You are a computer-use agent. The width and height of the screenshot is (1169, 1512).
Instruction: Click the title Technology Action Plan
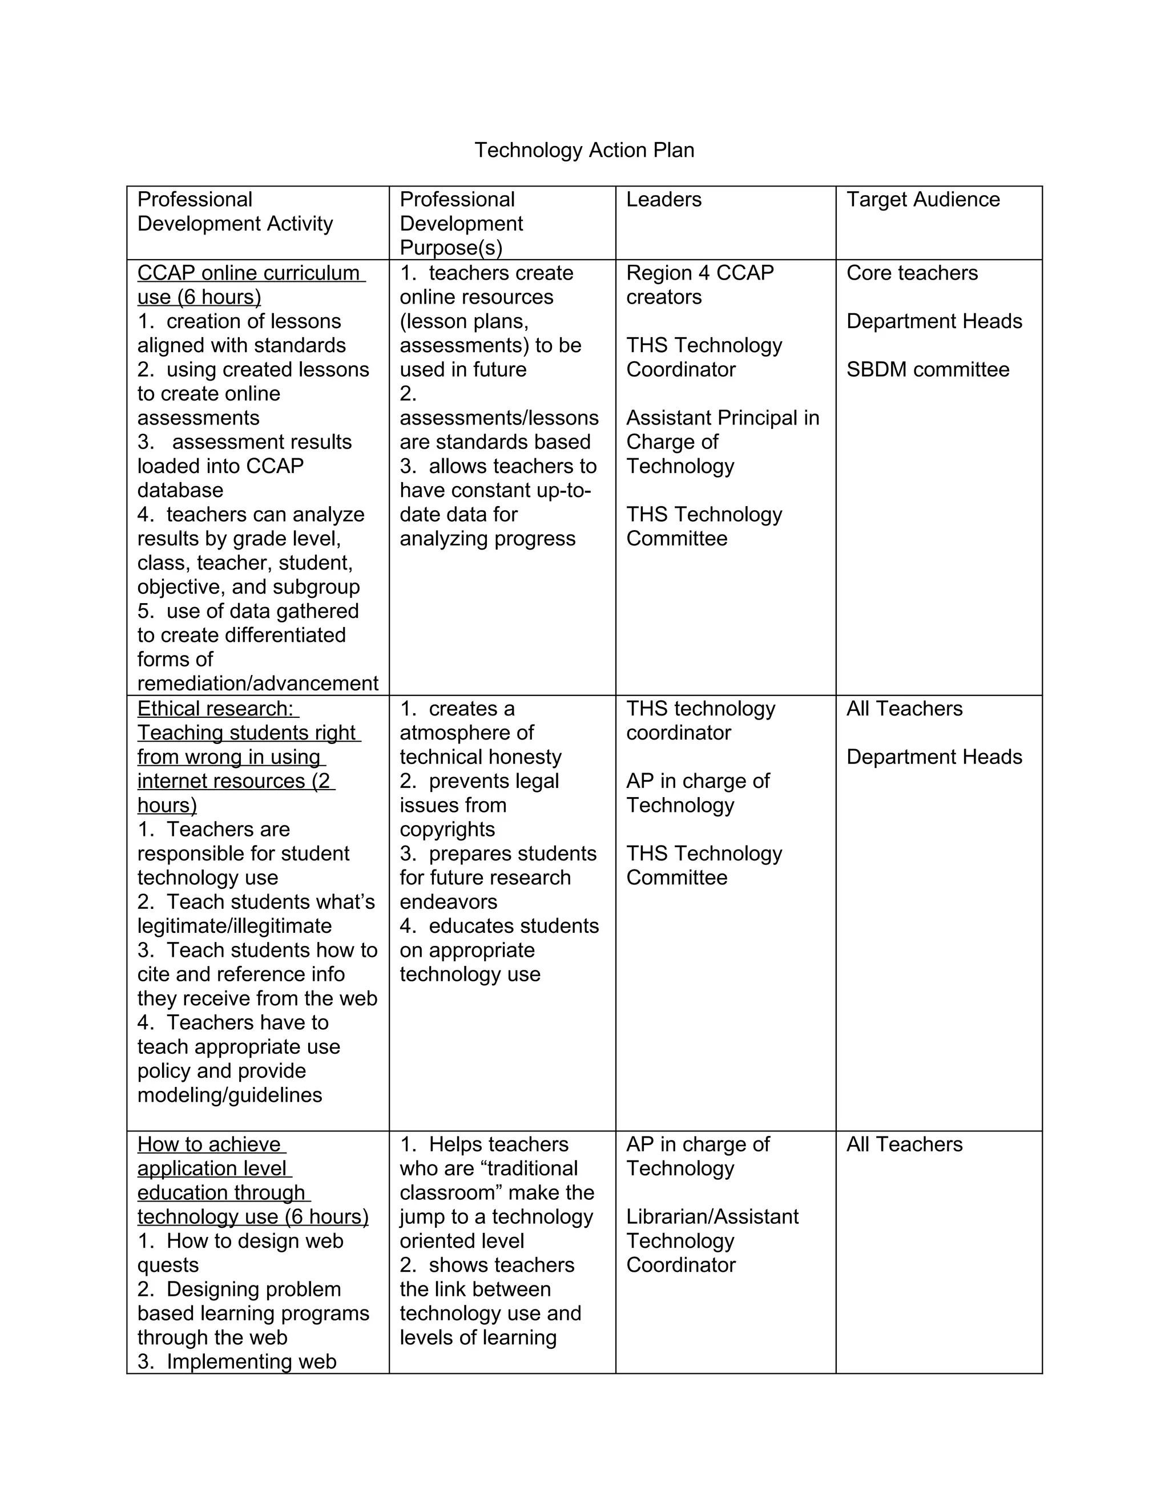584,150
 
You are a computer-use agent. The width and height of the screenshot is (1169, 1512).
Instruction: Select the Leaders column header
663,199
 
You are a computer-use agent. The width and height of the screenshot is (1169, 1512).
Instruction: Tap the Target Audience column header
922,199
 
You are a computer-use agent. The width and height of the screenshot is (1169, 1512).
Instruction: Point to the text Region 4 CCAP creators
699,285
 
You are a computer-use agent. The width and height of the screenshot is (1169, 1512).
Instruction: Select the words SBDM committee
928,369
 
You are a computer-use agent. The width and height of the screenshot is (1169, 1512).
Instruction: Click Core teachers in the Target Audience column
912,273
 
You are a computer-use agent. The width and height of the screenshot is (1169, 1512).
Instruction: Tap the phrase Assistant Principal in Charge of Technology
721,442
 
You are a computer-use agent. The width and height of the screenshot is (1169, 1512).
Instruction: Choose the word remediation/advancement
257,684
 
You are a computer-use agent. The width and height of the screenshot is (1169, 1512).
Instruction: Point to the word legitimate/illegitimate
234,925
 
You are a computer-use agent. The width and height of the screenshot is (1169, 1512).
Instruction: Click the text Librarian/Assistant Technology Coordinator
712,1240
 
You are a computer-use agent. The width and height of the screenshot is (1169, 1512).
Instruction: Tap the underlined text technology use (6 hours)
252,1216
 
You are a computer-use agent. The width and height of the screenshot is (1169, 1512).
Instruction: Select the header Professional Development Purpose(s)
461,224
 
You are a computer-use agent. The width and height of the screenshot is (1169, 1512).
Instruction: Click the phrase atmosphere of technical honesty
480,745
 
